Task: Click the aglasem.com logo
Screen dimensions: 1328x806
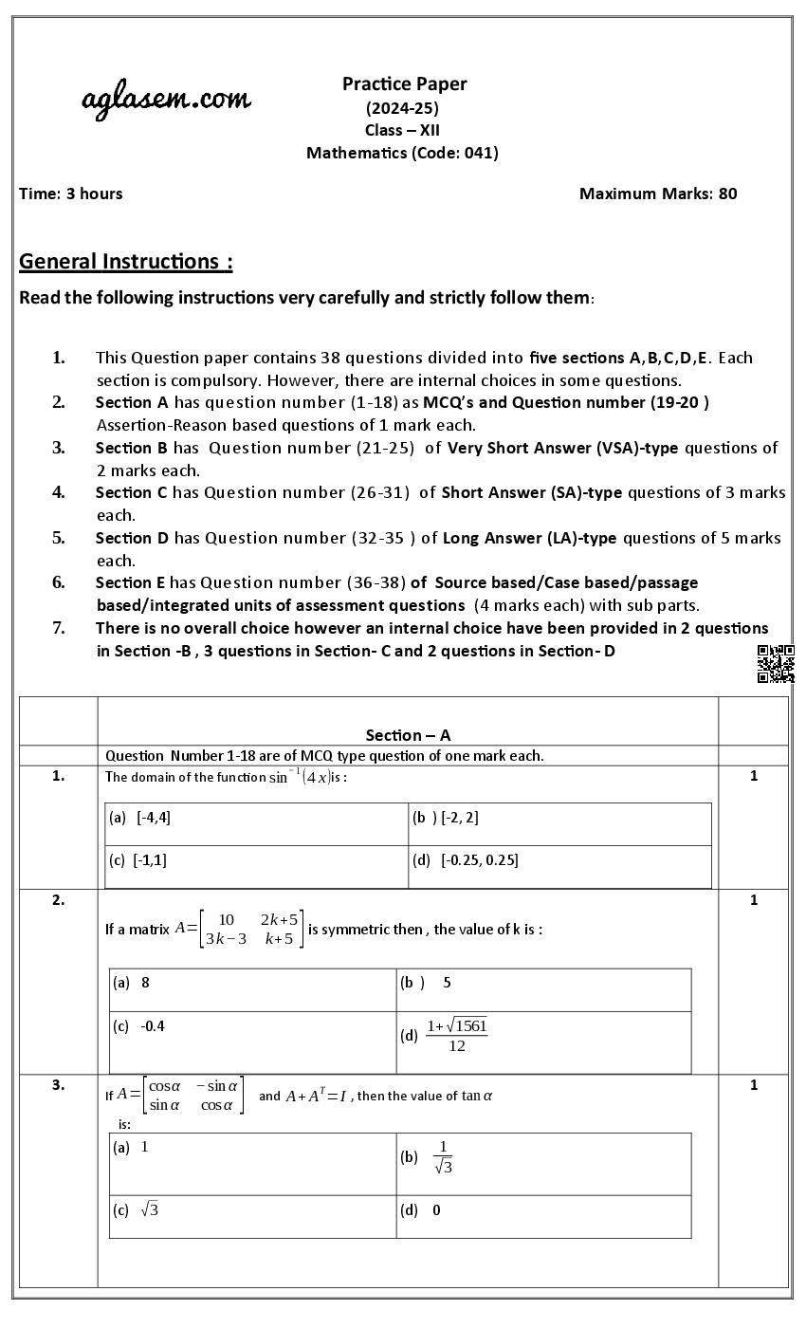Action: [x=166, y=99]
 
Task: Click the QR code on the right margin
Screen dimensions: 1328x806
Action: [x=775, y=663]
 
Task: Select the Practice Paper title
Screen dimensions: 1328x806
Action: [x=404, y=83]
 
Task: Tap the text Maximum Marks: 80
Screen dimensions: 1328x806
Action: [x=657, y=194]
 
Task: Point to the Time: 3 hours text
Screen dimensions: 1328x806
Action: [x=70, y=194]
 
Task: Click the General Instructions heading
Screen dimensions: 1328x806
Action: [x=125, y=261]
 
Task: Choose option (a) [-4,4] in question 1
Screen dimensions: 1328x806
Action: [x=140, y=818]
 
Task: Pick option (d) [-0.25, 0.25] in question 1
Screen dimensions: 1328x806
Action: [x=466, y=860]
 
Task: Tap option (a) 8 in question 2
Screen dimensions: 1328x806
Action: [x=132, y=983]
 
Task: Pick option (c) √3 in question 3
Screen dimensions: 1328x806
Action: [x=137, y=1210]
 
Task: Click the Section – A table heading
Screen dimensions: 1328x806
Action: [x=408, y=735]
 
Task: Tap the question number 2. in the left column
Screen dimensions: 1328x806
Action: [x=58, y=900]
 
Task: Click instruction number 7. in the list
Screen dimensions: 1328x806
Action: [x=58, y=628]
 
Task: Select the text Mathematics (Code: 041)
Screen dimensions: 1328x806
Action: [x=402, y=153]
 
